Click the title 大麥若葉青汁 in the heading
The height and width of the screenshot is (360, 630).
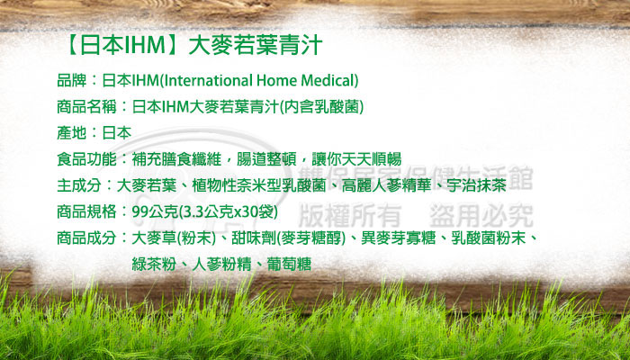(x=256, y=45)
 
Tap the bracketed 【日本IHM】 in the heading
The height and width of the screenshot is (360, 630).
(x=122, y=45)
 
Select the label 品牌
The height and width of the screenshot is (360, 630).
(x=72, y=80)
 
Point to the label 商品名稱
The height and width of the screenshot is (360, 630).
(x=86, y=106)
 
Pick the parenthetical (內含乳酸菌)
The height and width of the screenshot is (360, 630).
(x=321, y=106)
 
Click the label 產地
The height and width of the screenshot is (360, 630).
(x=72, y=132)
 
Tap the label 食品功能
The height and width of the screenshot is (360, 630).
(x=86, y=159)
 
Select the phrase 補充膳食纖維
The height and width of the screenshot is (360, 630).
(x=176, y=159)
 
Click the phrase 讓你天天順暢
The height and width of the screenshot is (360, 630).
(x=356, y=159)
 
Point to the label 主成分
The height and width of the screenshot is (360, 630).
(x=79, y=185)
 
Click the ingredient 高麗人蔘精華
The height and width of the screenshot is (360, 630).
(x=386, y=185)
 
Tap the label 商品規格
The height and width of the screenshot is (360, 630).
(x=86, y=211)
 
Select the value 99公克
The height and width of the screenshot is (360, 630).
(x=155, y=211)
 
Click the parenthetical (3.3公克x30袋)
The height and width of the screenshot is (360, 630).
(x=228, y=211)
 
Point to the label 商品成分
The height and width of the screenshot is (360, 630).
(x=86, y=238)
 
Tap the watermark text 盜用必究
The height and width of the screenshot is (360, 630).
(x=481, y=215)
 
